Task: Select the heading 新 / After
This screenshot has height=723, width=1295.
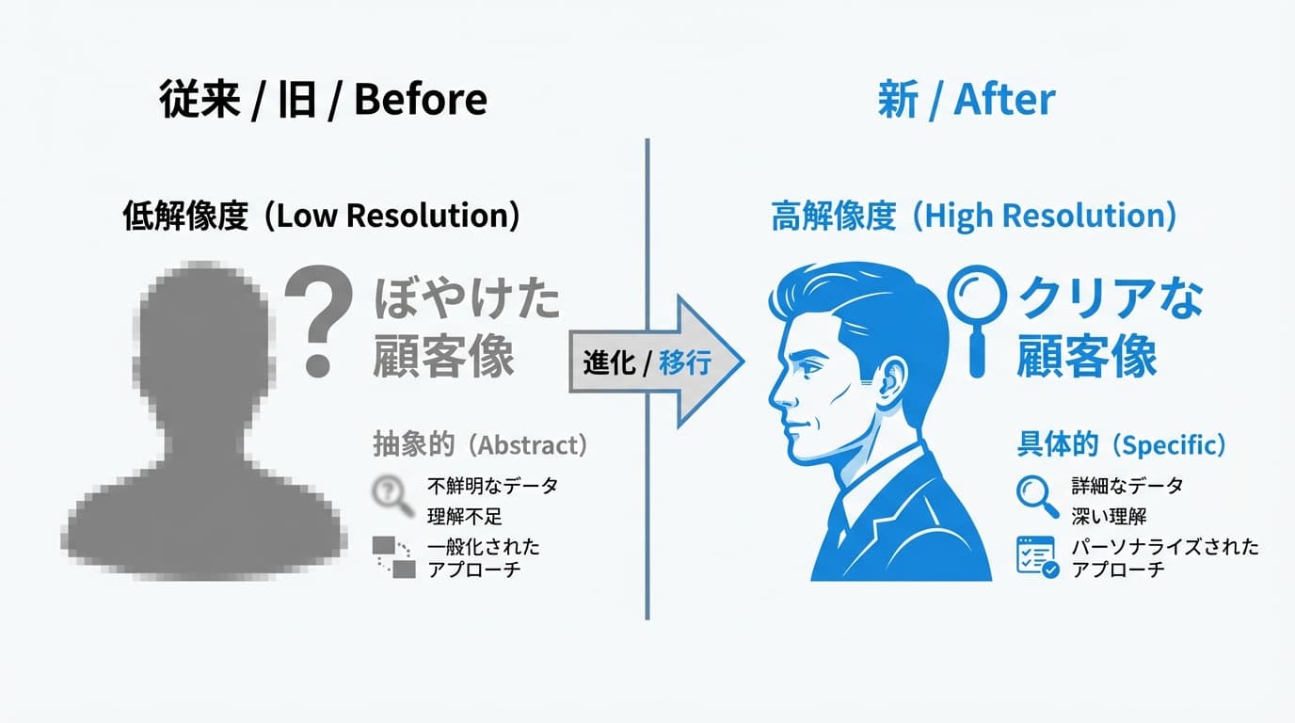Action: click(x=966, y=100)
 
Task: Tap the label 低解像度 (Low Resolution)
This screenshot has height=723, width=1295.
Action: click(x=321, y=216)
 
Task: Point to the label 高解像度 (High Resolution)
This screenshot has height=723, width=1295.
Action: click(x=973, y=216)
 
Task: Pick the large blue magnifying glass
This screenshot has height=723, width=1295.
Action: click(x=976, y=311)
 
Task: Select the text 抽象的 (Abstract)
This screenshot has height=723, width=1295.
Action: click(x=480, y=444)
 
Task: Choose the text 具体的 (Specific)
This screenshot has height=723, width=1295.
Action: click(x=1121, y=444)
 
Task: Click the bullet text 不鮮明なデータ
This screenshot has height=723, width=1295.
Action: click(x=492, y=487)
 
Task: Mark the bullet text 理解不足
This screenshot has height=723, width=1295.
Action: click(x=465, y=516)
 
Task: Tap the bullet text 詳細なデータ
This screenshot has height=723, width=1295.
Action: click(x=1127, y=487)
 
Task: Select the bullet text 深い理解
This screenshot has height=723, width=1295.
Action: click(x=1109, y=516)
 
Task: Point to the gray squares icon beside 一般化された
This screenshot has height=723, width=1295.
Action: click(x=393, y=556)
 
